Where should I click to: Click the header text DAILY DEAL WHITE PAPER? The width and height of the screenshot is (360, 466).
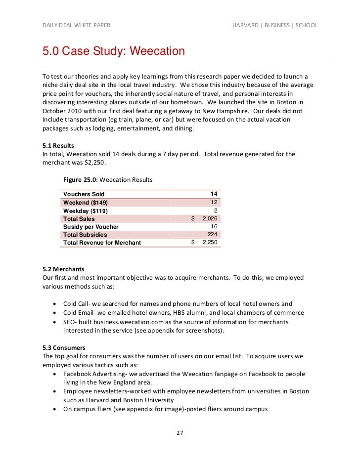pos(76,25)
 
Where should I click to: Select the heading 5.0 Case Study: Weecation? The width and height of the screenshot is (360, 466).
pos(114,51)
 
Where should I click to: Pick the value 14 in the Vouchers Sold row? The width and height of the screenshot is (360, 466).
pos(214,194)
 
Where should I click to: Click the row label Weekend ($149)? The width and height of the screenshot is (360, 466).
pos(86,202)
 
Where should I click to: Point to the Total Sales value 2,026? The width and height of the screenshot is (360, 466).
pos(210,218)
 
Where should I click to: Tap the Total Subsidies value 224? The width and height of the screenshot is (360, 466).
pos(213,234)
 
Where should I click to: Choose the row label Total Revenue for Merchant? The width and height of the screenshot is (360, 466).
pos(102,243)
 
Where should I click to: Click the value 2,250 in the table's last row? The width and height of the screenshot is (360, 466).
pos(210,243)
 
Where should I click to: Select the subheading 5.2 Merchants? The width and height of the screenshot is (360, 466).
pos(63,269)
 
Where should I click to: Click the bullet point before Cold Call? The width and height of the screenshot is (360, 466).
pos(53,304)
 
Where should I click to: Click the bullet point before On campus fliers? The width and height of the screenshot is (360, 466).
pos(53,409)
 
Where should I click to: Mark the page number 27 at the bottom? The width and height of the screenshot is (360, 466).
pos(180,433)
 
